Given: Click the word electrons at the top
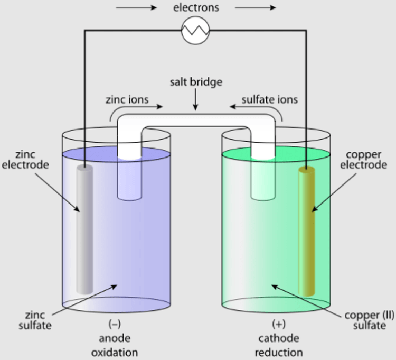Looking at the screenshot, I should (x=196, y=8).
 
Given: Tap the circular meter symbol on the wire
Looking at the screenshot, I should (x=196, y=31).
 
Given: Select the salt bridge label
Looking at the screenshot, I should (x=196, y=82).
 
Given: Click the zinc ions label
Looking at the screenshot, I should (x=127, y=99).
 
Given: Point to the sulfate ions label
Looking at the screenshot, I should (x=269, y=99).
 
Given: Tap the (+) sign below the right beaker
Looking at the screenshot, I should (x=278, y=323).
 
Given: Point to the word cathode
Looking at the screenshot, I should (x=278, y=338).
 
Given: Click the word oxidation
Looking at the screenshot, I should (x=115, y=352).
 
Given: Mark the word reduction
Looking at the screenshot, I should (x=278, y=352).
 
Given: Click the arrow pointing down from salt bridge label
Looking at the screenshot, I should (x=196, y=100).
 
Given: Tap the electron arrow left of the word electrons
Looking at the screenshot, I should (x=136, y=8).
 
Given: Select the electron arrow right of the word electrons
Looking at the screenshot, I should (x=256, y=8).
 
